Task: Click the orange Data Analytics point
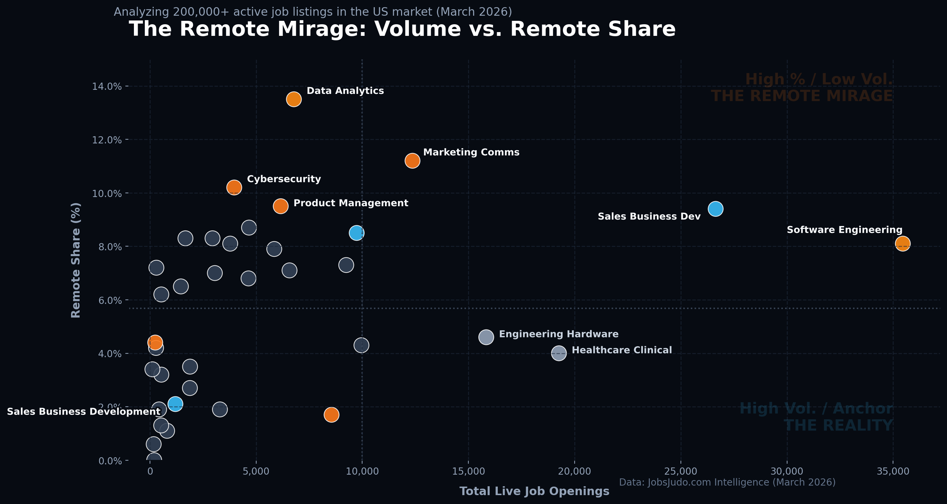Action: click(x=294, y=99)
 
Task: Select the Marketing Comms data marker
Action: click(x=412, y=160)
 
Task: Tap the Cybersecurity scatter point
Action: click(x=234, y=187)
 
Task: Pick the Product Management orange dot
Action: click(x=280, y=206)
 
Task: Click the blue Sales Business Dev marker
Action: click(x=715, y=209)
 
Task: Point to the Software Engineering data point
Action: click(x=903, y=243)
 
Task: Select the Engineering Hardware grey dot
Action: click(x=486, y=337)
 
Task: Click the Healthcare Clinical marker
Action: click(x=559, y=353)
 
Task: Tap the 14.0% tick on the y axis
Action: click(x=107, y=86)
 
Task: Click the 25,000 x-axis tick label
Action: click(x=681, y=471)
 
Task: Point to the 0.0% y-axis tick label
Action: click(x=110, y=461)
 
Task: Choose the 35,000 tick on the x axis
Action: click(x=893, y=471)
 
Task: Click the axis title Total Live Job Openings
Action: click(x=534, y=491)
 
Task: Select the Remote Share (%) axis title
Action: click(x=76, y=260)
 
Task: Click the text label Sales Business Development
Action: click(x=83, y=411)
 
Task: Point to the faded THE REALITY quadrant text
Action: click(x=838, y=425)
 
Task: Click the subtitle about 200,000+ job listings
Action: click(x=313, y=12)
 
